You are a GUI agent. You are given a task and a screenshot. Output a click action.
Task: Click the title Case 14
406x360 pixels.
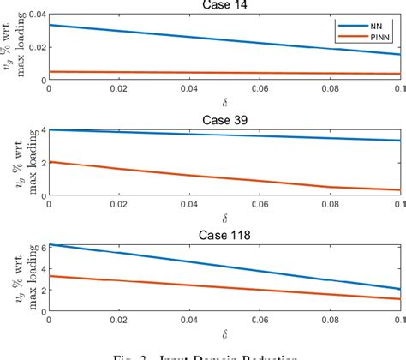224,5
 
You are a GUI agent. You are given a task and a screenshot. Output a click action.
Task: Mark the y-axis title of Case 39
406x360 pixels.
14,160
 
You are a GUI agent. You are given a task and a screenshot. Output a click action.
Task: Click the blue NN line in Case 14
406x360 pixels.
224,39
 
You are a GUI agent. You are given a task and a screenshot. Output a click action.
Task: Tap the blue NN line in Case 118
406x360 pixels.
224,267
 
